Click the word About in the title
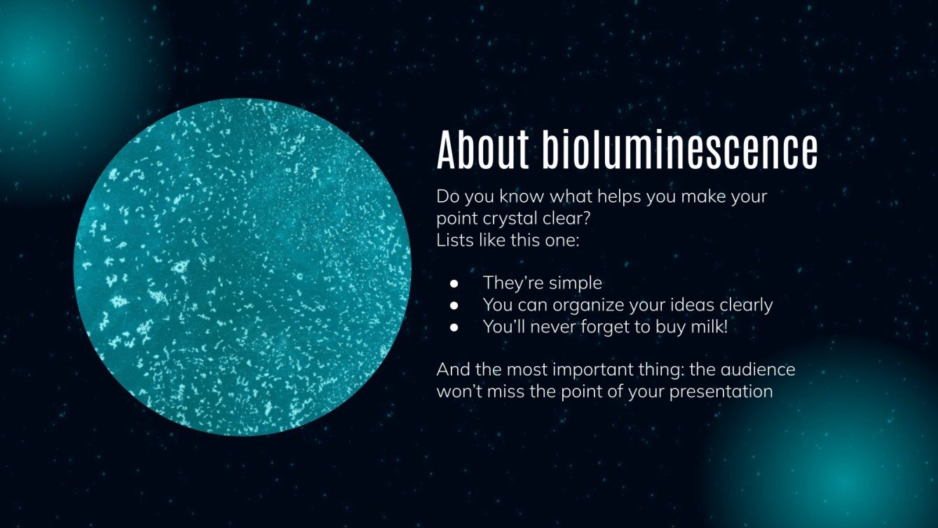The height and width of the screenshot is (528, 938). point(482,149)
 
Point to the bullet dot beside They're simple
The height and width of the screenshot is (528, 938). point(454,283)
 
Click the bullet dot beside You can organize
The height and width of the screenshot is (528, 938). point(454,305)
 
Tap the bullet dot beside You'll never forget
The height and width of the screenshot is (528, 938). point(454,327)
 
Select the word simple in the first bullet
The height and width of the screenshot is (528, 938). point(577,283)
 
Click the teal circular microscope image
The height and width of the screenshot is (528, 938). point(242,266)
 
